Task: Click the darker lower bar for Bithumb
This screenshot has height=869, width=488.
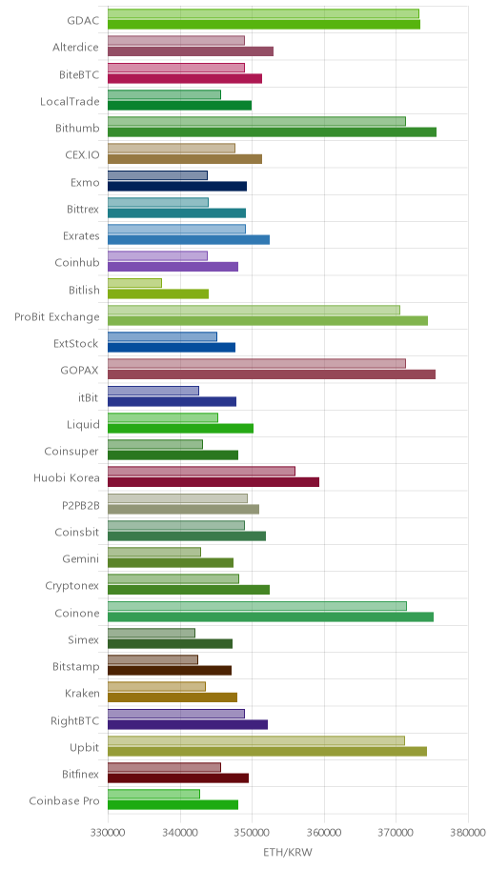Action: tap(272, 131)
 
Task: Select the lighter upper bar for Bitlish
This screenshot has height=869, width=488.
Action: tap(134, 283)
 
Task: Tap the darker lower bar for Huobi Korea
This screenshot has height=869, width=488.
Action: tap(213, 482)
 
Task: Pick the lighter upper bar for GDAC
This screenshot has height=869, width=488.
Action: tap(263, 14)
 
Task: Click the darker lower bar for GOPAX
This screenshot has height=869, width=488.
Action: tap(272, 374)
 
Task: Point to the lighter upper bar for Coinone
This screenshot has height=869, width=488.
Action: tap(257, 606)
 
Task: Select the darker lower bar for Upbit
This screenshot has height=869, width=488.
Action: tap(267, 752)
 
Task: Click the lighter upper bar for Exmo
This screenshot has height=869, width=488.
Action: tap(157, 175)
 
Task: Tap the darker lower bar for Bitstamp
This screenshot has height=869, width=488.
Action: tap(170, 671)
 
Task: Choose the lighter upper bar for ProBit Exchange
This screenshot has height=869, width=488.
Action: tap(254, 310)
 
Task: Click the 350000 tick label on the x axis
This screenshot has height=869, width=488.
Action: tap(252, 833)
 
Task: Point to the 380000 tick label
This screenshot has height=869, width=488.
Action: tap(468, 833)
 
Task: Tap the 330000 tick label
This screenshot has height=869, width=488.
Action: tap(108, 833)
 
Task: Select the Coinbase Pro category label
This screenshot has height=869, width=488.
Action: tap(64, 800)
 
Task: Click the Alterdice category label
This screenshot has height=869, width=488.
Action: tap(76, 47)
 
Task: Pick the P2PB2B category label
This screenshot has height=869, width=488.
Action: tap(81, 504)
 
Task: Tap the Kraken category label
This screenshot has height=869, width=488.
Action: tap(83, 694)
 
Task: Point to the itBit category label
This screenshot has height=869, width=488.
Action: tap(89, 397)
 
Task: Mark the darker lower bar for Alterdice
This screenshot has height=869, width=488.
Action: tap(191, 51)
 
